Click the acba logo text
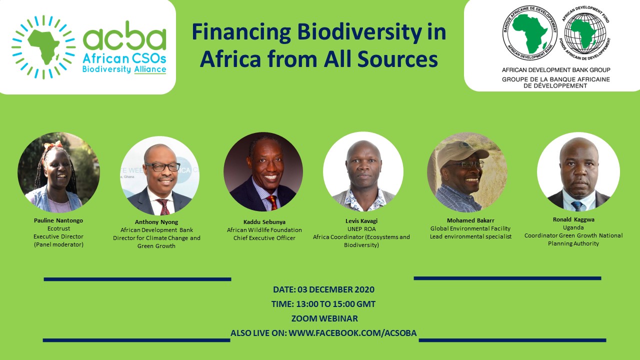[x=124, y=38]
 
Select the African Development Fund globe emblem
[x=584, y=33]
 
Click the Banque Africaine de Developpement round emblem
[x=530, y=33]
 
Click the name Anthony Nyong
[x=156, y=222]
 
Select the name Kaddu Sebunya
[x=264, y=221]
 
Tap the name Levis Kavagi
[x=361, y=221]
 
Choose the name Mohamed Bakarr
[x=470, y=220]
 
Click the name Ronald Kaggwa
[x=573, y=219]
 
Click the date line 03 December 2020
[x=323, y=289]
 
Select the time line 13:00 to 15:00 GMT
[x=323, y=304]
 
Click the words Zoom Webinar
[x=324, y=318]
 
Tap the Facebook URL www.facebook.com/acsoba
[x=352, y=333]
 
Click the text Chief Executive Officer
[x=264, y=238]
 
